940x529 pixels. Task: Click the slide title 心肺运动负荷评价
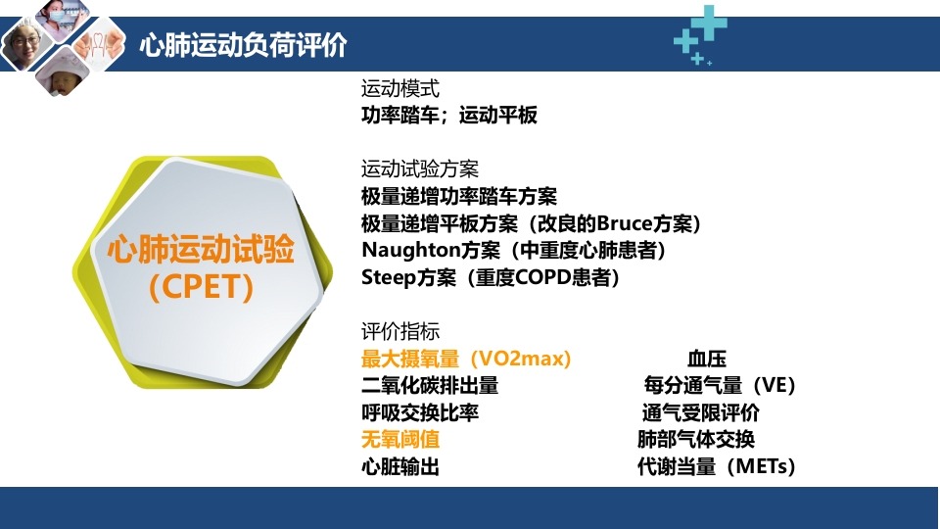coord(243,45)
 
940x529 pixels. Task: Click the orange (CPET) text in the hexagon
coord(201,287)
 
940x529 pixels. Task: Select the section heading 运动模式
coord(400,88)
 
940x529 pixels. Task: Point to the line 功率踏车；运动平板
coord(449,115)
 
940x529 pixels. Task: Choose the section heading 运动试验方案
coord(420,168)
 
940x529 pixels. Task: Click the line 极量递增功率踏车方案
coord(459,196)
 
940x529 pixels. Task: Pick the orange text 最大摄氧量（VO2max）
coord(466,359)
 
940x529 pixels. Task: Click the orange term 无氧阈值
coord(400,439)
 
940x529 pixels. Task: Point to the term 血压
coord(707,359)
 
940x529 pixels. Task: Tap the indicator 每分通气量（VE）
coord(720,385)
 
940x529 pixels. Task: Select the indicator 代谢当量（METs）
coord(716,466)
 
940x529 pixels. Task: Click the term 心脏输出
coord(400,466)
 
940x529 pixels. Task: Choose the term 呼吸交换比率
coord(420,412)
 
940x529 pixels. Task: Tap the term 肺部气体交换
coord(696,439)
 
